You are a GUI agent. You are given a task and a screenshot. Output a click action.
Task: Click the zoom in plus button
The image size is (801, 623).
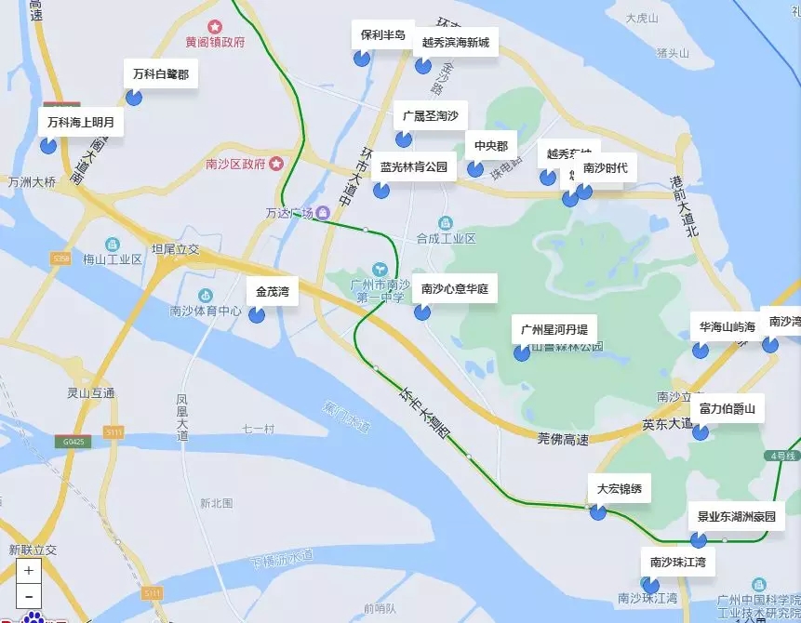pyautogui.click(x=28, y=571)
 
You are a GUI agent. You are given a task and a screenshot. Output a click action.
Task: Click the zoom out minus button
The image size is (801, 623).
pyautogui.click(x=28, y=596)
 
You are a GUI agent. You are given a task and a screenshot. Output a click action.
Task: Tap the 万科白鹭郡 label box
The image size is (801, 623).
pyautogui.click(x=160, y=73)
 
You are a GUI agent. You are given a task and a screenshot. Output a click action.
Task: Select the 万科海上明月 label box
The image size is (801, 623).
pyautogui.click(x=81, y=122)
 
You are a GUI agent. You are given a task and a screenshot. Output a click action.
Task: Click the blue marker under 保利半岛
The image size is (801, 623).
pyautogui.click(x=362, y=59)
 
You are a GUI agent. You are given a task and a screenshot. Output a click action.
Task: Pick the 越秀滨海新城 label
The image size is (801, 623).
pyautogui.click(x=455, y=42)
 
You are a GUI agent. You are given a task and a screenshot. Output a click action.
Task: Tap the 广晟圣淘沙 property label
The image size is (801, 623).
pyautogui.click(x=430, y=116)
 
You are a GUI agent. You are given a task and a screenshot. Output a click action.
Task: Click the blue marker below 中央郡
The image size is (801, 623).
pyautogui.click(x=475, y=168)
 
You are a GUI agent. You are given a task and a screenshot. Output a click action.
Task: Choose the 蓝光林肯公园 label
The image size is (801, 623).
pyautogui.click(x=414, y=167)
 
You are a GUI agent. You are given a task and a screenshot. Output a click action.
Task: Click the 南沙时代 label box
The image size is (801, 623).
pyautogui.click(x=605, y=168)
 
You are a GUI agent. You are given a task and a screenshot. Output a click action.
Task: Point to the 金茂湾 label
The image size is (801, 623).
pyautogui.click(x=273, y=291)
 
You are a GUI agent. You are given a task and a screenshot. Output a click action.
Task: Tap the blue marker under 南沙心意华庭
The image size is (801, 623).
pyautogui.click(x=422, y=311)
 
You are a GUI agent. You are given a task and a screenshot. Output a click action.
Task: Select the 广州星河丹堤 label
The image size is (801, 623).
pyautogui.click(x=554, y=329)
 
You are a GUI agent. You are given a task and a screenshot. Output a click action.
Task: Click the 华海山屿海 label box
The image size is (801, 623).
pyautogui.click(x=728, y=326)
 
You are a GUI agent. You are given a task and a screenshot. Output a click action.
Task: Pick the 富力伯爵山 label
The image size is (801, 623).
pyautogui.click(x=728, y=408)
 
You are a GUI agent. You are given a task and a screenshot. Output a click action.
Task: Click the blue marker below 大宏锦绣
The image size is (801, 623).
pyautogui.click(x=598, y=511)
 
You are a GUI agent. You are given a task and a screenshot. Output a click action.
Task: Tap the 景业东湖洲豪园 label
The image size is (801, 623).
pyautogui.click(x=736, y=516)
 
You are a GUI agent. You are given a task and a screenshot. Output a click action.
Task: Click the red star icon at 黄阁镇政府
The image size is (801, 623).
pyautogui.click(x=216, y=26)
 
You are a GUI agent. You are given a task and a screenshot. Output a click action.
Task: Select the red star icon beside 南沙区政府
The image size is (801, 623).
pyautogui.click(x=276, y=164)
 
